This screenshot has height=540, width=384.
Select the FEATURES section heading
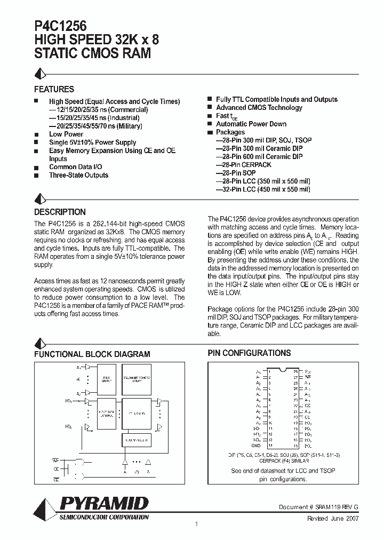tap(54, 89)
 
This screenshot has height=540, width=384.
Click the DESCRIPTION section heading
tap(60, 212)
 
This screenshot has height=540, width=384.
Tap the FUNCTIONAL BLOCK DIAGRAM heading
tap(92, 354)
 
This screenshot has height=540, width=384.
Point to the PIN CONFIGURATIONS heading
tap(249, 353)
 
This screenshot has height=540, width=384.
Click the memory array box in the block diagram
tap(137, 379)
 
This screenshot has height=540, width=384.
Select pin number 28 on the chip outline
tap(295, 370)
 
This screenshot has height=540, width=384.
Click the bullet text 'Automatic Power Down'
tap(251, 124)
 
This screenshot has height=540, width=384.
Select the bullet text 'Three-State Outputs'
tap(78, 175)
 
